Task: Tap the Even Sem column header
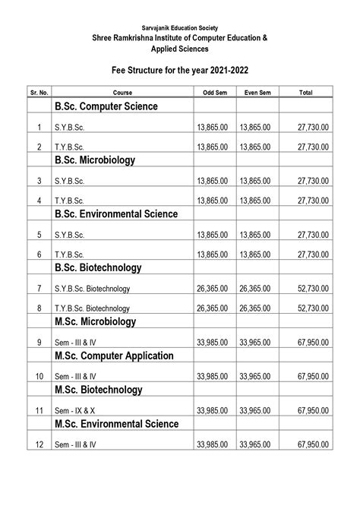click(x=257, y=92)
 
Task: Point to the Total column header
click(x=306, y=92)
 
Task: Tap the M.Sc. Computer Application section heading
click(x=113, y=356)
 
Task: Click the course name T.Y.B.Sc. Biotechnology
click(x=92, y=308)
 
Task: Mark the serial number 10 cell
click(x=39, y=377)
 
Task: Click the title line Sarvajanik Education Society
click(x=180, y=26)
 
